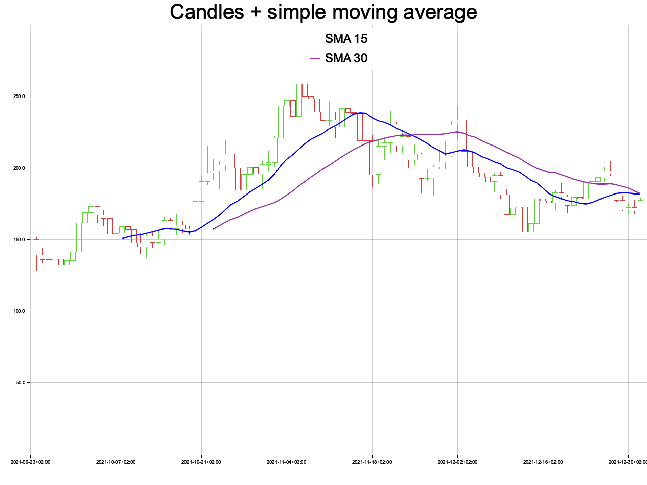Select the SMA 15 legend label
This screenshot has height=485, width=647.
click(x=346, y=39)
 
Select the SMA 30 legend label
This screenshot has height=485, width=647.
click(x=346, y=58)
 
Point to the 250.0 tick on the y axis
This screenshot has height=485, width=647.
click(x=18, y=96)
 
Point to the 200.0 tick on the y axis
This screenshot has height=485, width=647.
click(x=18, y=168)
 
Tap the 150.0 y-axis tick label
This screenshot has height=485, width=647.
click(x=18, y=239)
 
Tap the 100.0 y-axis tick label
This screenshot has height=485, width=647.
click(x=18, y=311)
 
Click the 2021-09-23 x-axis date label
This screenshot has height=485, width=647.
click(x=30, y=462)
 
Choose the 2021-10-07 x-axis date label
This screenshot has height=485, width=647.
click(x=116, y=462)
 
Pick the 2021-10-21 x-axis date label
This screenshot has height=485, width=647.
click(x=201, y=462)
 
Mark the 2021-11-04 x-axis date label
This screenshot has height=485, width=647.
click(x=287, y=462)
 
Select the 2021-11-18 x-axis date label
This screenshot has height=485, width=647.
click(x=372, y=462)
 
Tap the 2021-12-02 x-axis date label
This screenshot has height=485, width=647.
click(x=457, y=462)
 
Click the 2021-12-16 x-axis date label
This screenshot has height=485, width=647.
click(x=543, y=462)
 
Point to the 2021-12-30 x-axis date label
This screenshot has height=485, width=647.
click(x=627, y=462)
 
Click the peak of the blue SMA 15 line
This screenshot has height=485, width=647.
click(x=362, y=113)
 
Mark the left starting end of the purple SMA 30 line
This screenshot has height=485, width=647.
click(x=214, y=229)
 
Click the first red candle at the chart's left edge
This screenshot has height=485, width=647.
click(x=36, y=247)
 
